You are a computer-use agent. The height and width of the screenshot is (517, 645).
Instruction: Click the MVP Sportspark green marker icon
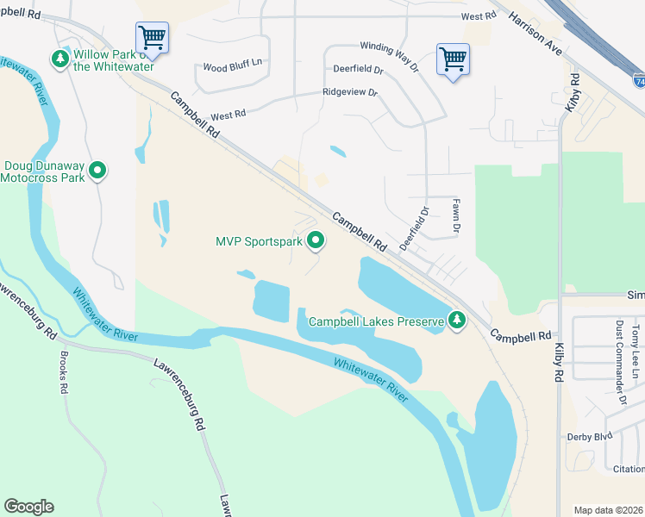(x=316, y=241)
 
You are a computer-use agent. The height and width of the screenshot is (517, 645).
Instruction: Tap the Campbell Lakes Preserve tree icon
(x=457, y=321)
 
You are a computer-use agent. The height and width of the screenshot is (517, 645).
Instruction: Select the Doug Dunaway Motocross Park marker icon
(x=98, y=171)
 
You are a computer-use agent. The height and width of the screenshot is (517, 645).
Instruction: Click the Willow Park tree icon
(x=59, y=59)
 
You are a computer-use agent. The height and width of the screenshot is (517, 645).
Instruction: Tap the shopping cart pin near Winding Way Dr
(x=453, y=60)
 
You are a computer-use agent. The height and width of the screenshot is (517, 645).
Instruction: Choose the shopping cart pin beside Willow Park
(x=152, y=38)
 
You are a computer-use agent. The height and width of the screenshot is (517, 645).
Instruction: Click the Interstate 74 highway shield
(x=638, y=81)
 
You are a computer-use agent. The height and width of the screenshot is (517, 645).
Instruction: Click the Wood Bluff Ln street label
(x=232, y=66)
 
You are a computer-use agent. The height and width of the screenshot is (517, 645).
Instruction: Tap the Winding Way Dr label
(x=388, y=56)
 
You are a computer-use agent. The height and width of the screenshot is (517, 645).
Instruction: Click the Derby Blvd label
(x=590, y=436)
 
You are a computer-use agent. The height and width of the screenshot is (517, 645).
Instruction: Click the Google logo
(x=28, y=507)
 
